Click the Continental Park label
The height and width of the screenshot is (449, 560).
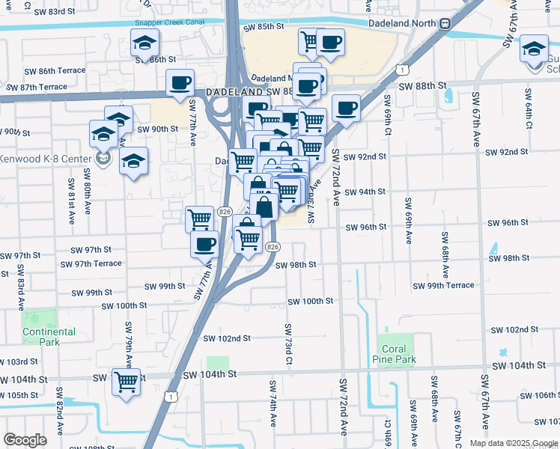[49, 337]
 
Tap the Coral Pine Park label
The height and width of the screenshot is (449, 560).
[394, 354]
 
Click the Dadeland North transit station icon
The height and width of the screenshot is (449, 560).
[445, 22]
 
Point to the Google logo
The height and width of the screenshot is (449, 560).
[25, 439]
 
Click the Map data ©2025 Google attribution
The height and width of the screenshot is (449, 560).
[514, 443]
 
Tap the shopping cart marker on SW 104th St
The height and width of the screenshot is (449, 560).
[126, 381]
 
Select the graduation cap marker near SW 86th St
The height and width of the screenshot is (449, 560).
[144, 43]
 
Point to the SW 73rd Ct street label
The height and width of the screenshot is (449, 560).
[288, 345]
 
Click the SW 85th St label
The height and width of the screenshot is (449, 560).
[264, 26]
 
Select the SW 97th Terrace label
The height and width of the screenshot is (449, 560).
[91, 264]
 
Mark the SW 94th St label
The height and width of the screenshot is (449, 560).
[365, 192]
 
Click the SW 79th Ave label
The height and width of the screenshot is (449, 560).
[128, 345]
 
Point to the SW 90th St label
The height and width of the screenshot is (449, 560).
[157, 129]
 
